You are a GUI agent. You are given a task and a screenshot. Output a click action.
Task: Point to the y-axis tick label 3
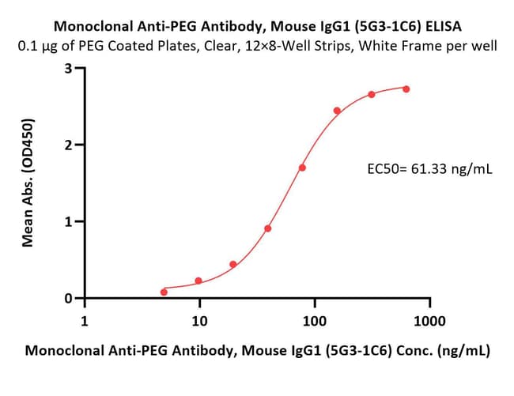pos(68,69)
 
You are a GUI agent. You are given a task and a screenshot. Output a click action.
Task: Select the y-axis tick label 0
pos(68,299)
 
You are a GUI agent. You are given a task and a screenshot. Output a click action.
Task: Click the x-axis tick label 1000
pos(429,321)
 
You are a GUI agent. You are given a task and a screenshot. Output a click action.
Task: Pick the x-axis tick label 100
pos(315,321)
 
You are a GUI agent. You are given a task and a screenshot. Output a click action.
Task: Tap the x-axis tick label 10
pos(199,321)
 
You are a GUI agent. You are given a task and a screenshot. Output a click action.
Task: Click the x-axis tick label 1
pos(85,321)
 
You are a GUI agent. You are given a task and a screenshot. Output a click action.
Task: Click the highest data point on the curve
pos(406,89)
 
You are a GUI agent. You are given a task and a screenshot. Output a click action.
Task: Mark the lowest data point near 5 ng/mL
pos(164,292)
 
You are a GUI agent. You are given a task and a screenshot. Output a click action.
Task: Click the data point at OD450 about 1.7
pos(302,168)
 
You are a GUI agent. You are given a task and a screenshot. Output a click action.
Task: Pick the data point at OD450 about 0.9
pos(268,228)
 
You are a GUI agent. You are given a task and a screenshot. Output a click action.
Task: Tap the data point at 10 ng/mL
pos(198,281)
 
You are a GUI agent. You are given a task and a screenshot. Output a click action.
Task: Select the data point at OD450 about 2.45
pos(337,111)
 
